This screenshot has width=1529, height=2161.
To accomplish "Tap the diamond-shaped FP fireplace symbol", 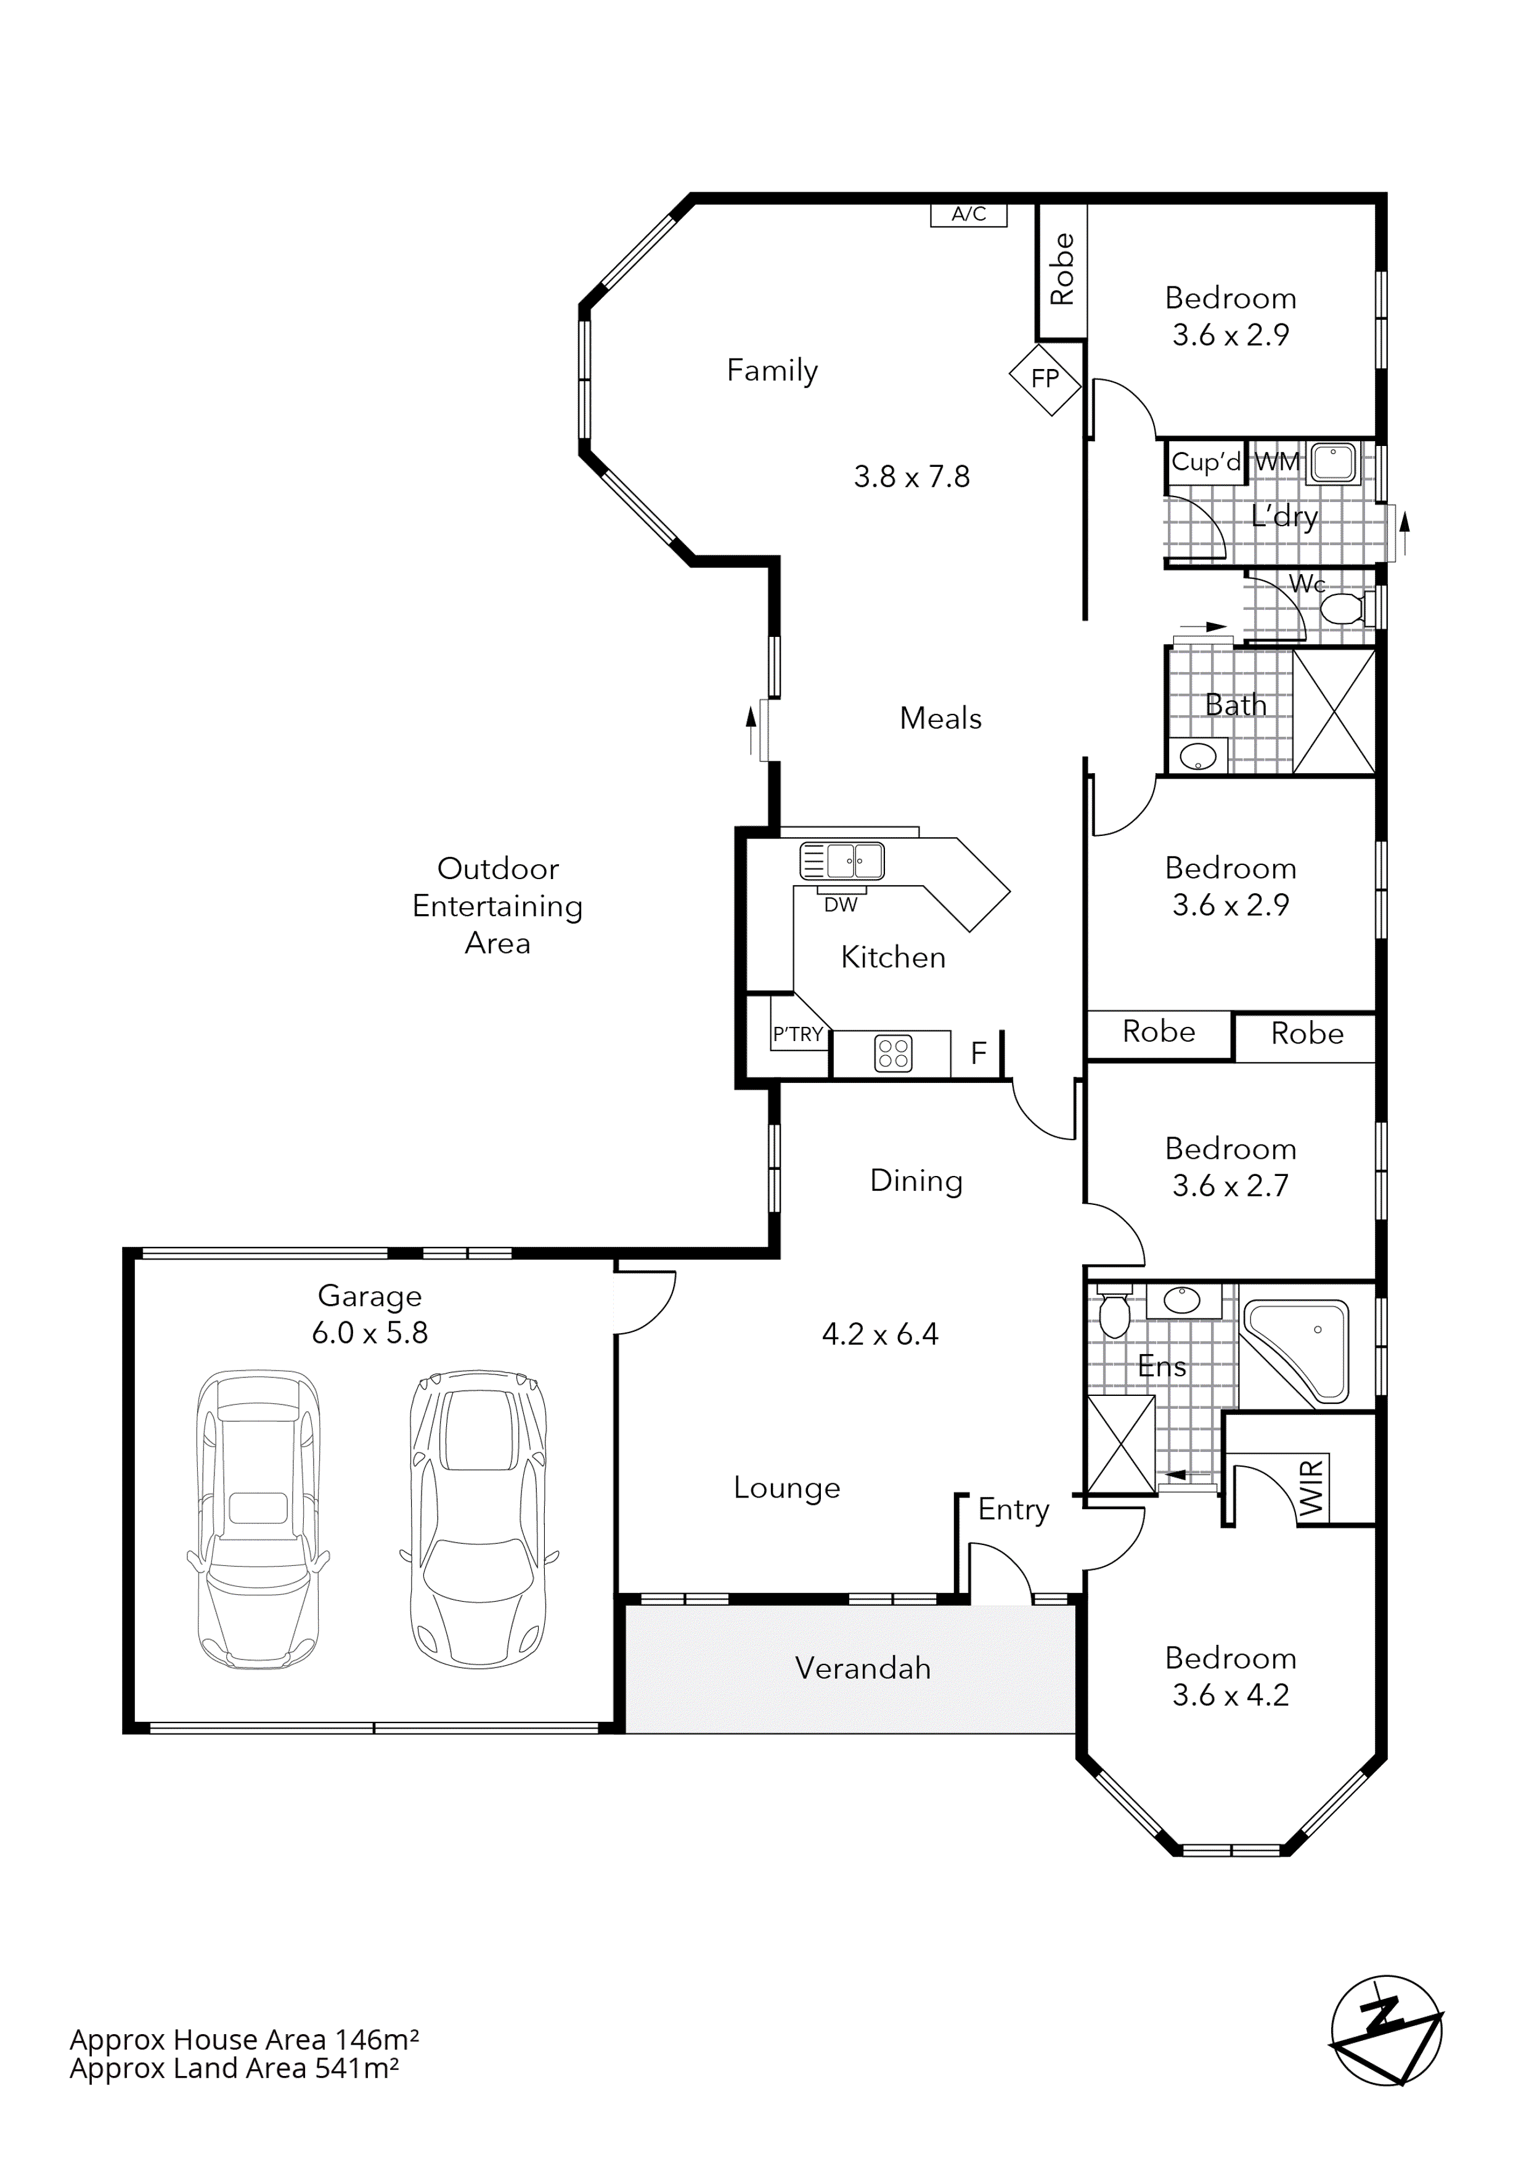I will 1045,378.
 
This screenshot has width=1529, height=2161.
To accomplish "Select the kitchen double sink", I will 842,860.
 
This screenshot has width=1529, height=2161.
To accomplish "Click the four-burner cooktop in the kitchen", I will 892,1053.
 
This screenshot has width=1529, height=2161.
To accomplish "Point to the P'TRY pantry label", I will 797,1034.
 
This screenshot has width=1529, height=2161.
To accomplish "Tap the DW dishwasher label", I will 841,904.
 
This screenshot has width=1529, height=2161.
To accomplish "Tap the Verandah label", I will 862,1669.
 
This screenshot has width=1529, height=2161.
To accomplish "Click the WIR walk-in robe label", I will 1311,1487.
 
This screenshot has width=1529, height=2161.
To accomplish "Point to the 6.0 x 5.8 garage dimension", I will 370,1332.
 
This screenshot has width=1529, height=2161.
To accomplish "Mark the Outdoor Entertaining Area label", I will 497,906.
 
